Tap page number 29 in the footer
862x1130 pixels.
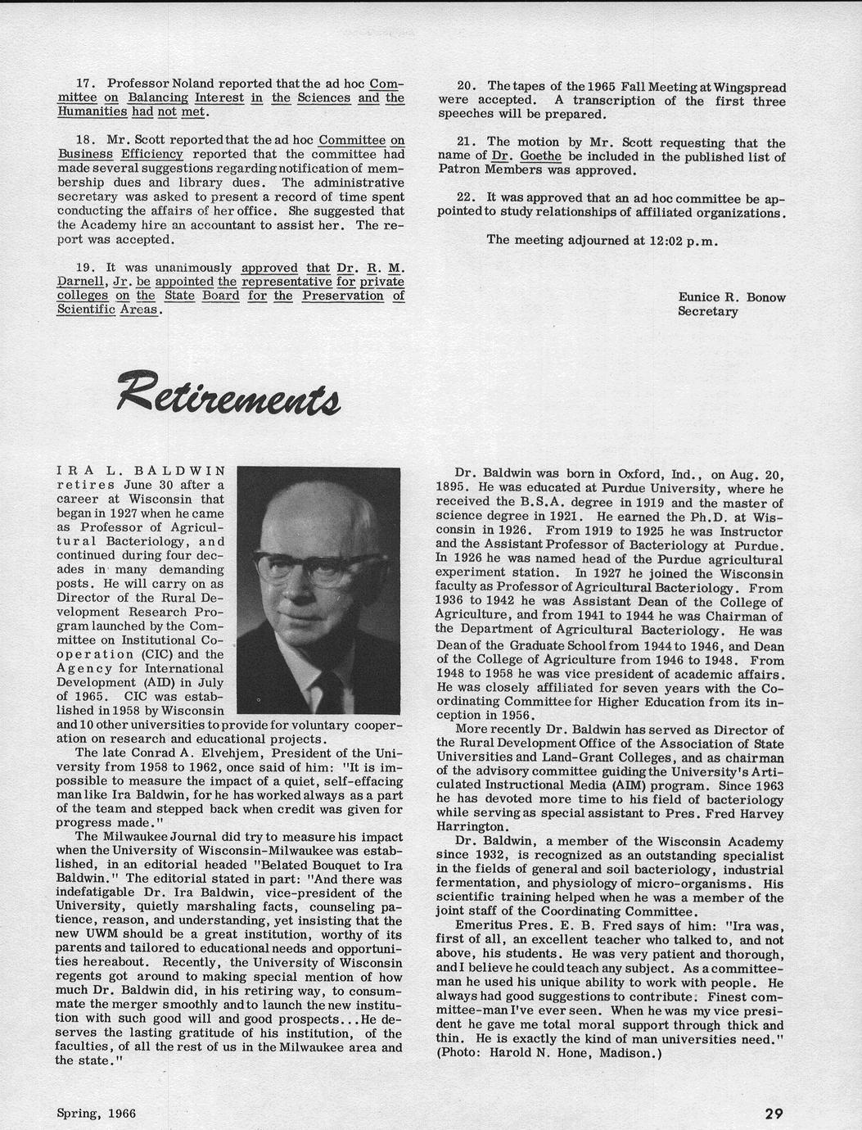click(774, 1113)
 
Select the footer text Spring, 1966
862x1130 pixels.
click(96, 1113)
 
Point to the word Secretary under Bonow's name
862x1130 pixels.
click(707, 311)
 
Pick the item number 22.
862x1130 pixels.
click(467, 198)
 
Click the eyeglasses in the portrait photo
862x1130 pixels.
click(319, 567)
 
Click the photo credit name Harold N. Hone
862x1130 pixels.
click(542, 1053)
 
